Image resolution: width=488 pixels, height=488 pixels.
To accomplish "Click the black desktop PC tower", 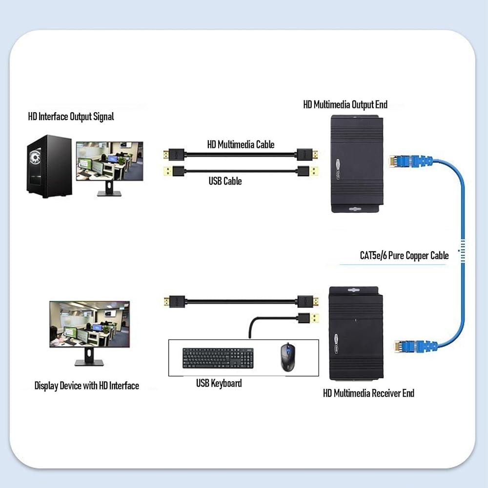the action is click(49, 166).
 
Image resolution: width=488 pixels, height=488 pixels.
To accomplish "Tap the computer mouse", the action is click(288, 357).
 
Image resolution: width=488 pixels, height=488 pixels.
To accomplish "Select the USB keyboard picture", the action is click(218, 358).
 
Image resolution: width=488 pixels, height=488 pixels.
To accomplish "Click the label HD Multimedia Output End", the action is click(345, 104).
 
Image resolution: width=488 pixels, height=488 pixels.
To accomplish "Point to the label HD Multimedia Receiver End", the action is click(368, 393).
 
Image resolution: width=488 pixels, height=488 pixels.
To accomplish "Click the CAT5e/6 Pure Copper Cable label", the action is click(404, 256).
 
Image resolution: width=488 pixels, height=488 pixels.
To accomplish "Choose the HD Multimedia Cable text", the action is click(241, 144).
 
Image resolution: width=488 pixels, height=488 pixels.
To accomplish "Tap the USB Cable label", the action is click(225, 181).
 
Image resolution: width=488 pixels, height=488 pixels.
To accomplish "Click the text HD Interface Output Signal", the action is click(71, 117).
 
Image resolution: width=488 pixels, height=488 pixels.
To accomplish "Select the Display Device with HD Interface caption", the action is click(86, 386).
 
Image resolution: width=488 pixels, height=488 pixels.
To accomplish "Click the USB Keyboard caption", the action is click(219, 383).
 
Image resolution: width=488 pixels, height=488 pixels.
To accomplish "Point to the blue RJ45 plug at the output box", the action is click(410, 161).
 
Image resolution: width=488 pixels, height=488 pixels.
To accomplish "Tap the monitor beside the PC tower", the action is click(109, 168).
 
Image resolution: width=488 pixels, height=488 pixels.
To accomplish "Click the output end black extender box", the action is click(357, 163).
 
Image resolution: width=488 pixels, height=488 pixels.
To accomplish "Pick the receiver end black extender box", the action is click(356, 333).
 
